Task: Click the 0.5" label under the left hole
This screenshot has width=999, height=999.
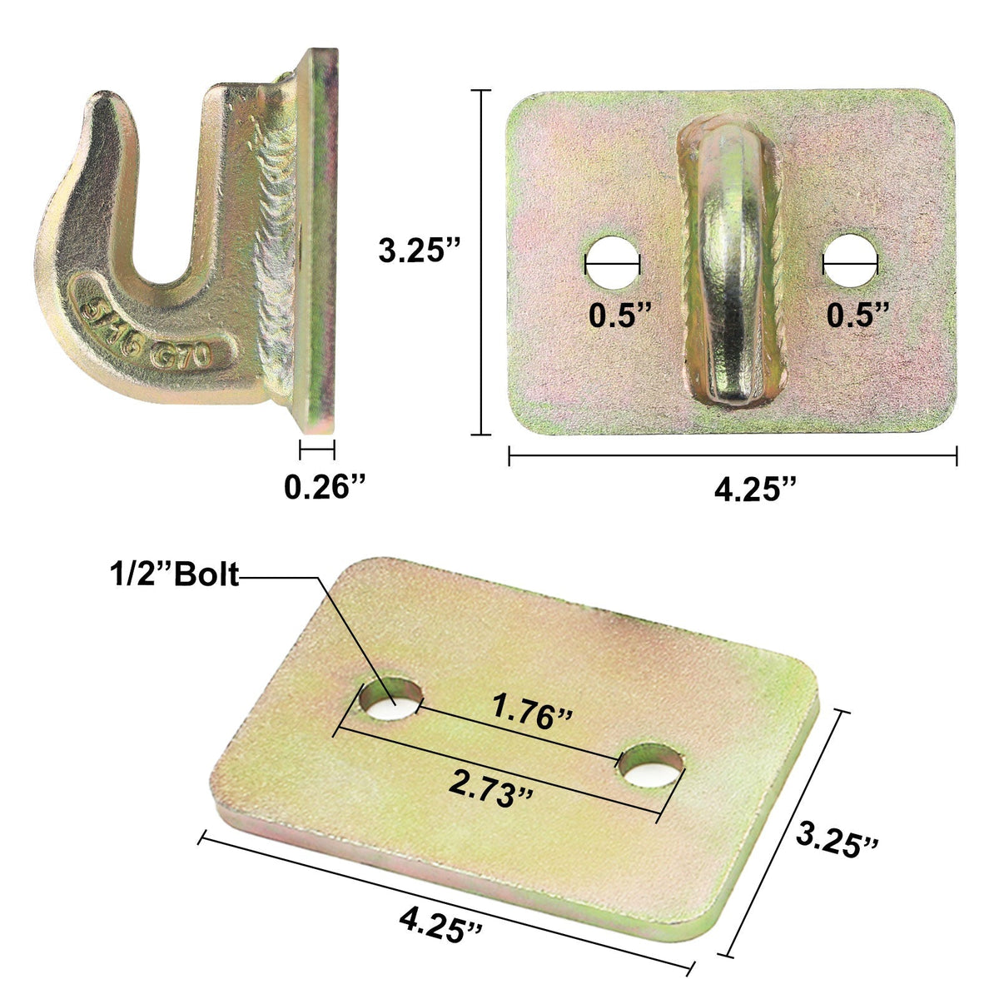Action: pos(619,315)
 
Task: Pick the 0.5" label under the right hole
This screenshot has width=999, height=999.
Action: pos(858,315)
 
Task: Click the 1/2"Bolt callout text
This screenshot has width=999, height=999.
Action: pos(173,574)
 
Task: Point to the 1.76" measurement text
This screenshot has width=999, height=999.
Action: pos(533,713)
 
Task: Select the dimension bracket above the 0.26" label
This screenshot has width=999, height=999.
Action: pos(317,450)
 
